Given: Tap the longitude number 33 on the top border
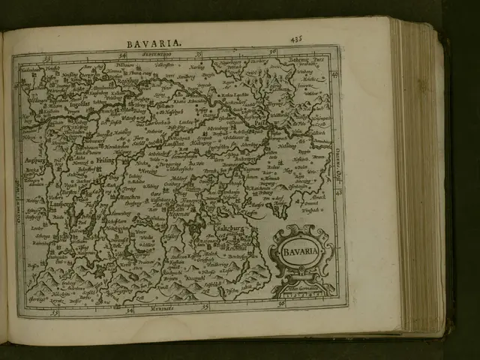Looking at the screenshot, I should (x=46, y=55).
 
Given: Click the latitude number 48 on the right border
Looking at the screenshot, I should (x=334, y=193).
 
